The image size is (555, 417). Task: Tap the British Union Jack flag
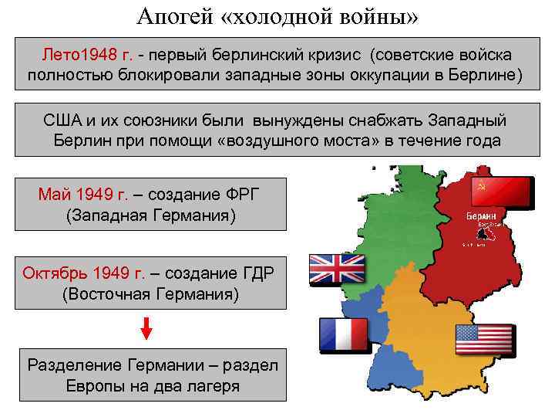(337, 268)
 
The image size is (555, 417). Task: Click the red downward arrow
(146, 327)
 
